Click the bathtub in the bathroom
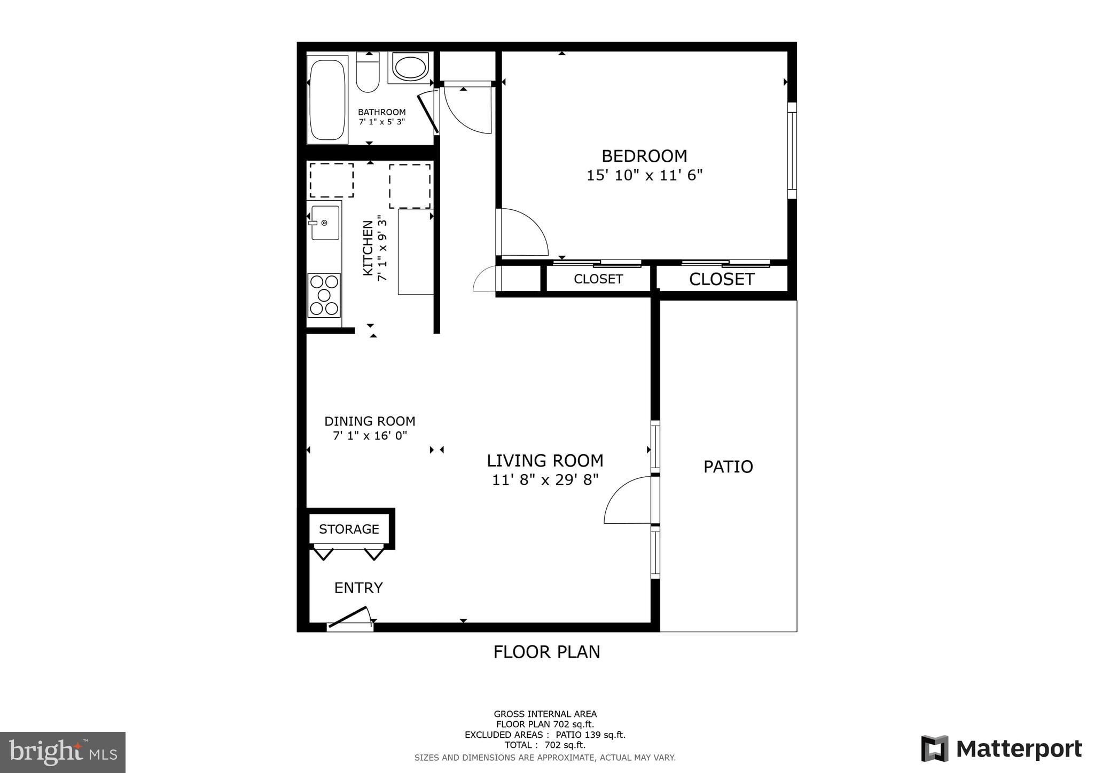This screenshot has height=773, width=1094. click(327, 100)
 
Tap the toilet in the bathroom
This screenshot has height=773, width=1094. click(368, 73)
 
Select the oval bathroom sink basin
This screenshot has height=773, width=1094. click(410, 68)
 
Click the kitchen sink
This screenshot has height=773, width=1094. click(325, 223)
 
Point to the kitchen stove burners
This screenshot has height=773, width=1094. click(324, 295)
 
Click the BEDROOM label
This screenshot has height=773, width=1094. click(644, 156)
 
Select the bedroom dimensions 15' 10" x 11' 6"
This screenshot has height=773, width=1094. click(644, 176)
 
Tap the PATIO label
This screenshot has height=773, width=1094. click(728, 467)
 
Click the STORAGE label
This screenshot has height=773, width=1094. click(349, 529)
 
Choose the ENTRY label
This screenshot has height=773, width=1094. click(358, 588)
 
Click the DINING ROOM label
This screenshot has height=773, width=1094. click(370, 421)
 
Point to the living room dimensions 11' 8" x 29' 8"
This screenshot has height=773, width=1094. click(545, 480)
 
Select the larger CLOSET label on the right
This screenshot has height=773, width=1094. click(722, 279)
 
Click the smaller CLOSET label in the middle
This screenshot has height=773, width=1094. click(598, 279)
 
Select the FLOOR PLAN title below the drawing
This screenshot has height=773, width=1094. click(546, 652)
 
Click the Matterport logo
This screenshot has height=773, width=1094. click(1001, 749)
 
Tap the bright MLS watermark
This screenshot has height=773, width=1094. click(62, 753)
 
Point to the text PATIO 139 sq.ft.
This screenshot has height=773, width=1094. click(590, 735)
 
